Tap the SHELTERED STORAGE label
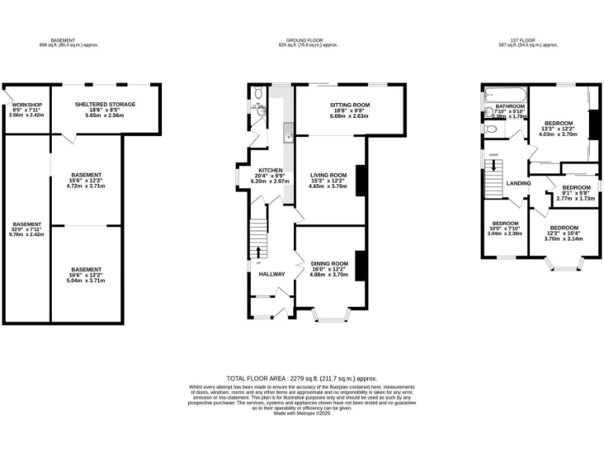point(105,104)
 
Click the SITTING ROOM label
point(350,105)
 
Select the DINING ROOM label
point(329,263)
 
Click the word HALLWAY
point(271,274)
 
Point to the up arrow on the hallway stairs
point(259,251)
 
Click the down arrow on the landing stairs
point(494,166)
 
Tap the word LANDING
point(519,183)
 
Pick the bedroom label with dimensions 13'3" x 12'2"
point(558,124)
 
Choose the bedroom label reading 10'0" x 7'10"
point(505,223)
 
